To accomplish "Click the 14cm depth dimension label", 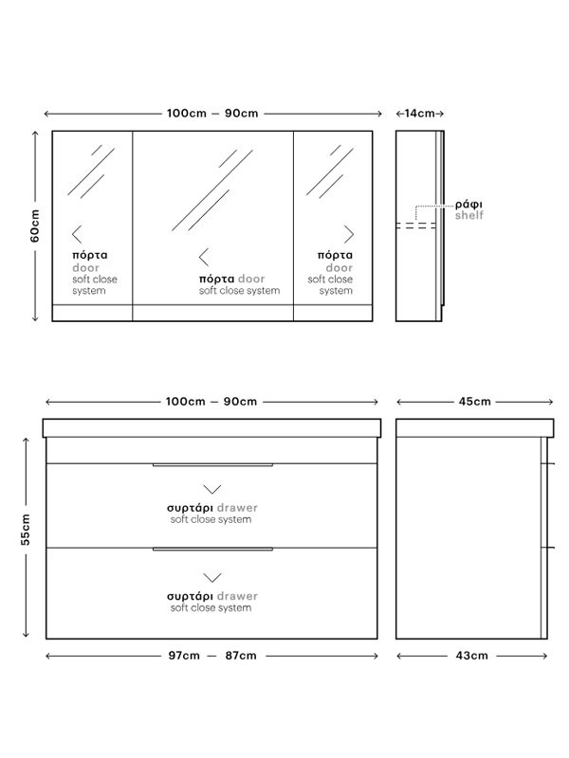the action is click(419, 113).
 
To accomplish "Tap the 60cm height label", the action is click(35, 226).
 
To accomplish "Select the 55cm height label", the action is click(26, 530).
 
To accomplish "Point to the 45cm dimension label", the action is click(475, 401).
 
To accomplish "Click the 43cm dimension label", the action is click(471, 656).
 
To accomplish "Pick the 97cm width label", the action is click(184, 656).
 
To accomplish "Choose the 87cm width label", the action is click(241, 656).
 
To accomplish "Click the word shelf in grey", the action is click(468, 215).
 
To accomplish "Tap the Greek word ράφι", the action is click(468, 205).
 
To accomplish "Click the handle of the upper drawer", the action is click(212, 465).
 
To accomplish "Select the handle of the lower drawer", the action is click(212, 550).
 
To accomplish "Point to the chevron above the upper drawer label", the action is click(211, 489).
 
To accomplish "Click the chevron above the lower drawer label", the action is click(211, 577).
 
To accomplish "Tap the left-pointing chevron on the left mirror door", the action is click(77, 234).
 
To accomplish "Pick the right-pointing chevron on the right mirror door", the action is click(349, 234).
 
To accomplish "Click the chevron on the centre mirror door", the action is click(204, 257).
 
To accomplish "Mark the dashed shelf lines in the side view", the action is click(416, 226).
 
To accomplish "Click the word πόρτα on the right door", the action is click(335, 255).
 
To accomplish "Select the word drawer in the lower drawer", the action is click(237, 596).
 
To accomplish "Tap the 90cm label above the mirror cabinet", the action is click(242, 113).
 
